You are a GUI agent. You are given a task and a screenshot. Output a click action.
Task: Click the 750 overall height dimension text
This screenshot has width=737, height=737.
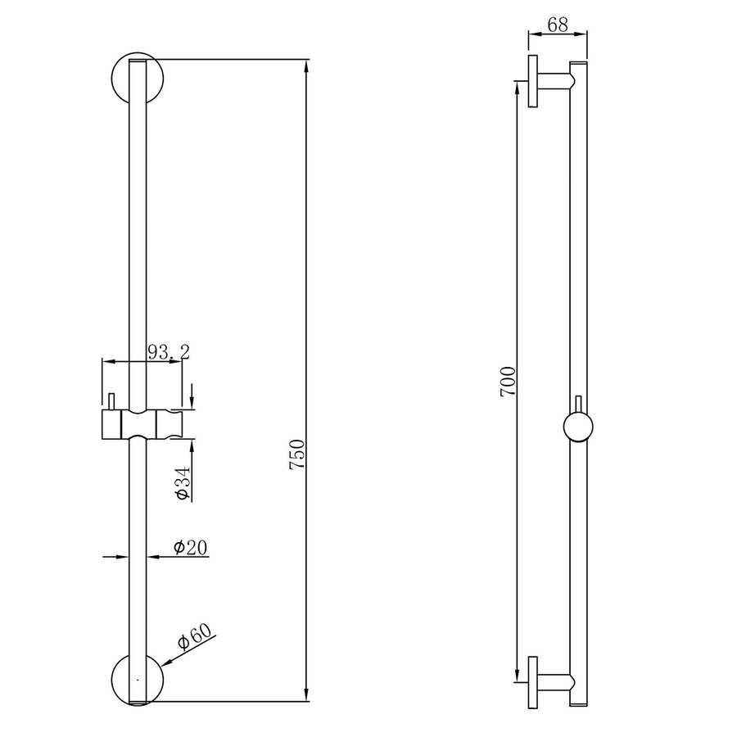point(298,454)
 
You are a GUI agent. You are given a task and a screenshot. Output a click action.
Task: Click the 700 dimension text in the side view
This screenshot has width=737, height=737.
point(508,382)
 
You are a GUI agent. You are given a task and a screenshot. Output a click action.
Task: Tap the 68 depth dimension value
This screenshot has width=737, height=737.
point(558,25)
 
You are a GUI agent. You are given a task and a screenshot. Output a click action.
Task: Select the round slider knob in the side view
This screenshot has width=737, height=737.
point(581,427)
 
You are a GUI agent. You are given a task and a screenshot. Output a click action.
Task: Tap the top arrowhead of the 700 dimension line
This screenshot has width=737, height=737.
point(517,86)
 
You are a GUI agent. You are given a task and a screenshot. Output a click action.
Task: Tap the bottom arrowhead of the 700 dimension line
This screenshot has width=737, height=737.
point(517,676)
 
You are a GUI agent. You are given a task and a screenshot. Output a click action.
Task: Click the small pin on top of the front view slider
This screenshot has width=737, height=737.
point(108,401)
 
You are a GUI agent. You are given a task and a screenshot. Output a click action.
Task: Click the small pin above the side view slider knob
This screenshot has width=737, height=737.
point(581,403)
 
